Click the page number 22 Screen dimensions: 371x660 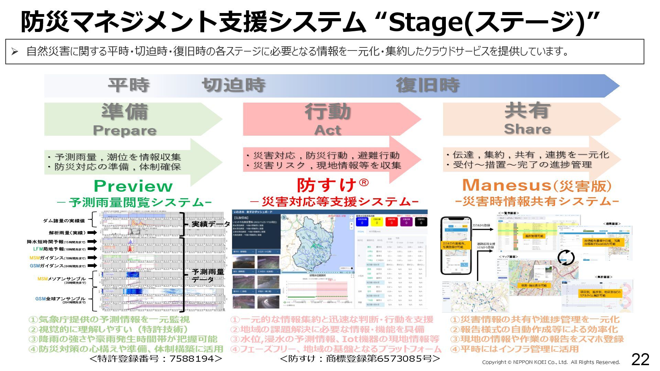(640, 359)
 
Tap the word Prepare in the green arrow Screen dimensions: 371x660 (124, 131)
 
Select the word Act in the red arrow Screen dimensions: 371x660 (327, 130)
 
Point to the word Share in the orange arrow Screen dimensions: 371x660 (527, 129)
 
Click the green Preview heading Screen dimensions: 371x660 (133, 186)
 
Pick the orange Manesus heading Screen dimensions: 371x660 (507, 185)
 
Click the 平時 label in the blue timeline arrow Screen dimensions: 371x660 (129, 85)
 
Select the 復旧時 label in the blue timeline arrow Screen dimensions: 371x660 (428, 85)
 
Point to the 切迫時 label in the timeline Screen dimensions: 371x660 (233, 85)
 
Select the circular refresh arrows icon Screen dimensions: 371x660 (566, 258)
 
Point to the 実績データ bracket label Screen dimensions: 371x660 (210, 224)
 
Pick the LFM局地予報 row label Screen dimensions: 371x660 (49, 249)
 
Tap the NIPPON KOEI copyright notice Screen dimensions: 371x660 (551, 362)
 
